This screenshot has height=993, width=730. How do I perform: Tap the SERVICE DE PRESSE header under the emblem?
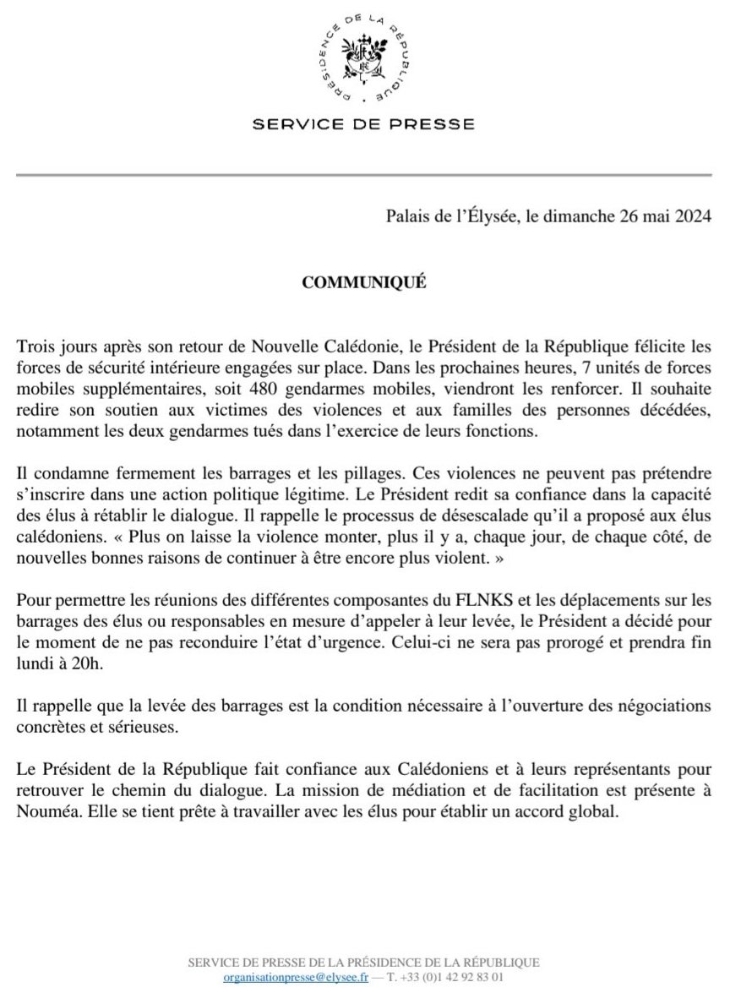364,124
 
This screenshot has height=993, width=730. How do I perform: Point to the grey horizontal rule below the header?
364,175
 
